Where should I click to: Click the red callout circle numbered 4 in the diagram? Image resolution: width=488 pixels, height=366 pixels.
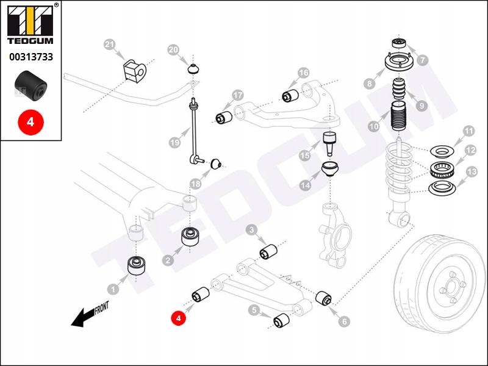tap(178, 317)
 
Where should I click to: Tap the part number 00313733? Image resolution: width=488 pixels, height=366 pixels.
tap(30, 57)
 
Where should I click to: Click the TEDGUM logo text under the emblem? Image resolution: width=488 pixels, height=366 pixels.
tap(30, 41)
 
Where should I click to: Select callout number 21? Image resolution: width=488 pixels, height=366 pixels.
tap(109, 45)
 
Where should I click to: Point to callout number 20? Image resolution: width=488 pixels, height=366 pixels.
tap(173, 50)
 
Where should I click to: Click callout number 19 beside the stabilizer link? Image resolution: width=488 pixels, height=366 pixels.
tap(174, 143)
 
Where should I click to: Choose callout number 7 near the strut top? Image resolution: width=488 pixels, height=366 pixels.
tap(423, 60)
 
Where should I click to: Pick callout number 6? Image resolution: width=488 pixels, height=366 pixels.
tap(345, 321)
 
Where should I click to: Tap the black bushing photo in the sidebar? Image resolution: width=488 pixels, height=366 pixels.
tap(30, 85)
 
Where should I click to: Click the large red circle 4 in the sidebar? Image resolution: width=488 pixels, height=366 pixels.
tap(30, 121)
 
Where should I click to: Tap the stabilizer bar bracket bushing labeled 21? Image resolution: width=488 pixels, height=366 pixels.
tap(134, 68)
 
